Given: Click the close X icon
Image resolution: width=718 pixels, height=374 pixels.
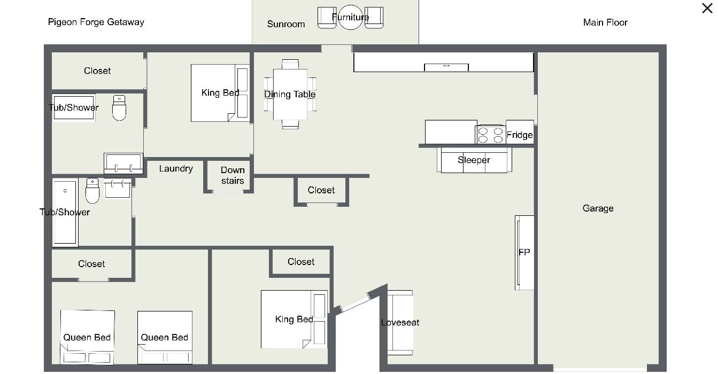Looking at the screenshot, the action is click(x=707, y=9).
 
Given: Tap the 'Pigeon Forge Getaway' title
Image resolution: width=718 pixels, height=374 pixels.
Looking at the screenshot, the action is click(x=96, y=22).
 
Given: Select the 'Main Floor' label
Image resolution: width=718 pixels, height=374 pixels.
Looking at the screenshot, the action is click(x=605, y=22).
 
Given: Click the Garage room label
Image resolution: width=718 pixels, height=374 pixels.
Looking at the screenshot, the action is click(x=598, y=208).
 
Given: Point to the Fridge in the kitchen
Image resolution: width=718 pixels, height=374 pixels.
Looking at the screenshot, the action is click(x=520, y=133).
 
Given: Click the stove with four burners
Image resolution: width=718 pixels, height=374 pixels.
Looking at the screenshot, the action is click(x=490, y=135).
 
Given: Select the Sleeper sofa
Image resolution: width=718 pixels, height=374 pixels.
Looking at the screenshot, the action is click(x=474, y=160).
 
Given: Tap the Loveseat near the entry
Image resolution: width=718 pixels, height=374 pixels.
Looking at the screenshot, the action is click(x=400, y=323).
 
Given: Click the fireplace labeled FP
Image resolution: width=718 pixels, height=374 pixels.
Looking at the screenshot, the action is click(x=524, y=253).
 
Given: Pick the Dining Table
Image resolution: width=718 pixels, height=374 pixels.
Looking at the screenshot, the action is click(x=290, y=95).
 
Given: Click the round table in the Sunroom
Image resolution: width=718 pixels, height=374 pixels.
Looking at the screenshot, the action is click(x=350, y=17).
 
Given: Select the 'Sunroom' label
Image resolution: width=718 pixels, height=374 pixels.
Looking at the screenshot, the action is click(x=286, y=25).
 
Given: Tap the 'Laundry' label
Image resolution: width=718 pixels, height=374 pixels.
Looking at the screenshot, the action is click(x=176, y=169).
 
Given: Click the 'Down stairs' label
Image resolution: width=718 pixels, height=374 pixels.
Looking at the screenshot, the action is click(x=233, y=175).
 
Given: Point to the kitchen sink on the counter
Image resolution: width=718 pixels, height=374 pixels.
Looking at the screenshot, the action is click(x=446, y=67).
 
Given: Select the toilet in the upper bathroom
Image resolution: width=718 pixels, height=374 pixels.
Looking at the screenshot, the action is click(x=119, y=108).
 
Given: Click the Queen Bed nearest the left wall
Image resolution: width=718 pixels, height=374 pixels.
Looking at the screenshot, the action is click(x=87, y=337).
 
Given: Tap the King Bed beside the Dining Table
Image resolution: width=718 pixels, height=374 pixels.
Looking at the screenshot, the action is click(x=220, y=93).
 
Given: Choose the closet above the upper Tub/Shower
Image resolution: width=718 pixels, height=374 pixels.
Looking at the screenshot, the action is click(x=97, y=71).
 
